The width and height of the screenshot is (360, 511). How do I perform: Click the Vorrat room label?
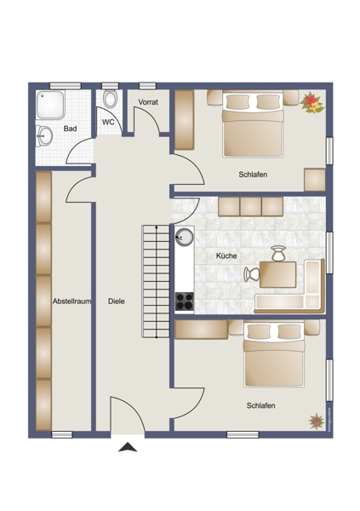148,102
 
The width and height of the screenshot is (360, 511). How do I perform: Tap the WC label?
108,122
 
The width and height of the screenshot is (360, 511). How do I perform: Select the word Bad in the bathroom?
70,129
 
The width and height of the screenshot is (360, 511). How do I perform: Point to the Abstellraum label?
72,301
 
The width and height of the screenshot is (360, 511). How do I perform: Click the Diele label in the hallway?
117,301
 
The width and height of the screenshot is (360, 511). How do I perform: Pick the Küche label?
226,255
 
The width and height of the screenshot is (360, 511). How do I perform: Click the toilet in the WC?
111,99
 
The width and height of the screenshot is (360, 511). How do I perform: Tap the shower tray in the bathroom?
50,105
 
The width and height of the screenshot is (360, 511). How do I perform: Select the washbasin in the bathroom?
44,135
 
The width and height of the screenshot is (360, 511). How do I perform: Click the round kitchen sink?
185,237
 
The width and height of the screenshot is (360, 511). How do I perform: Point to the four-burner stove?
185,301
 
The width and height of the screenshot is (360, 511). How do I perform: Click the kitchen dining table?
278,274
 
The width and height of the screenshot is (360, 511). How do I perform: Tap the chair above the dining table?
278,254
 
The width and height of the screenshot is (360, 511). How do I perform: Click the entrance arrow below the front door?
128,447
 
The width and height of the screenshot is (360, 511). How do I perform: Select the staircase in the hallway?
156,281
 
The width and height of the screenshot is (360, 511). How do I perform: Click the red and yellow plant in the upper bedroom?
312,103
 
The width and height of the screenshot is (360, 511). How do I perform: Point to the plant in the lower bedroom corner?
316,421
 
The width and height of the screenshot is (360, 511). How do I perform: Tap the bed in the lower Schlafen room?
274,353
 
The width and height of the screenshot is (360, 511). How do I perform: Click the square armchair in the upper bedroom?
315,180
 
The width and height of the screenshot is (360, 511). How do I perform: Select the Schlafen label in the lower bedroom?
260,405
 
